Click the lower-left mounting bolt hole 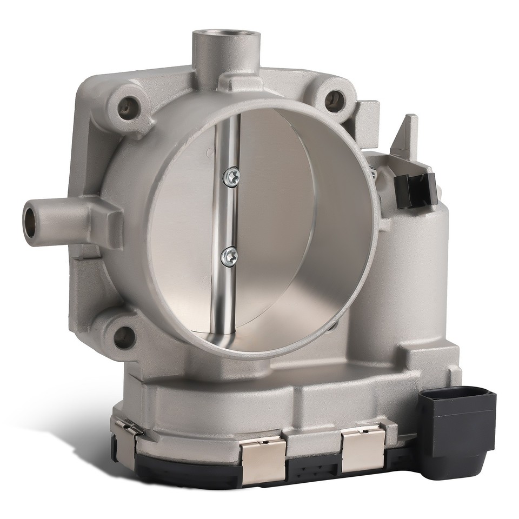pyautogui.click(x=124, y=337)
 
